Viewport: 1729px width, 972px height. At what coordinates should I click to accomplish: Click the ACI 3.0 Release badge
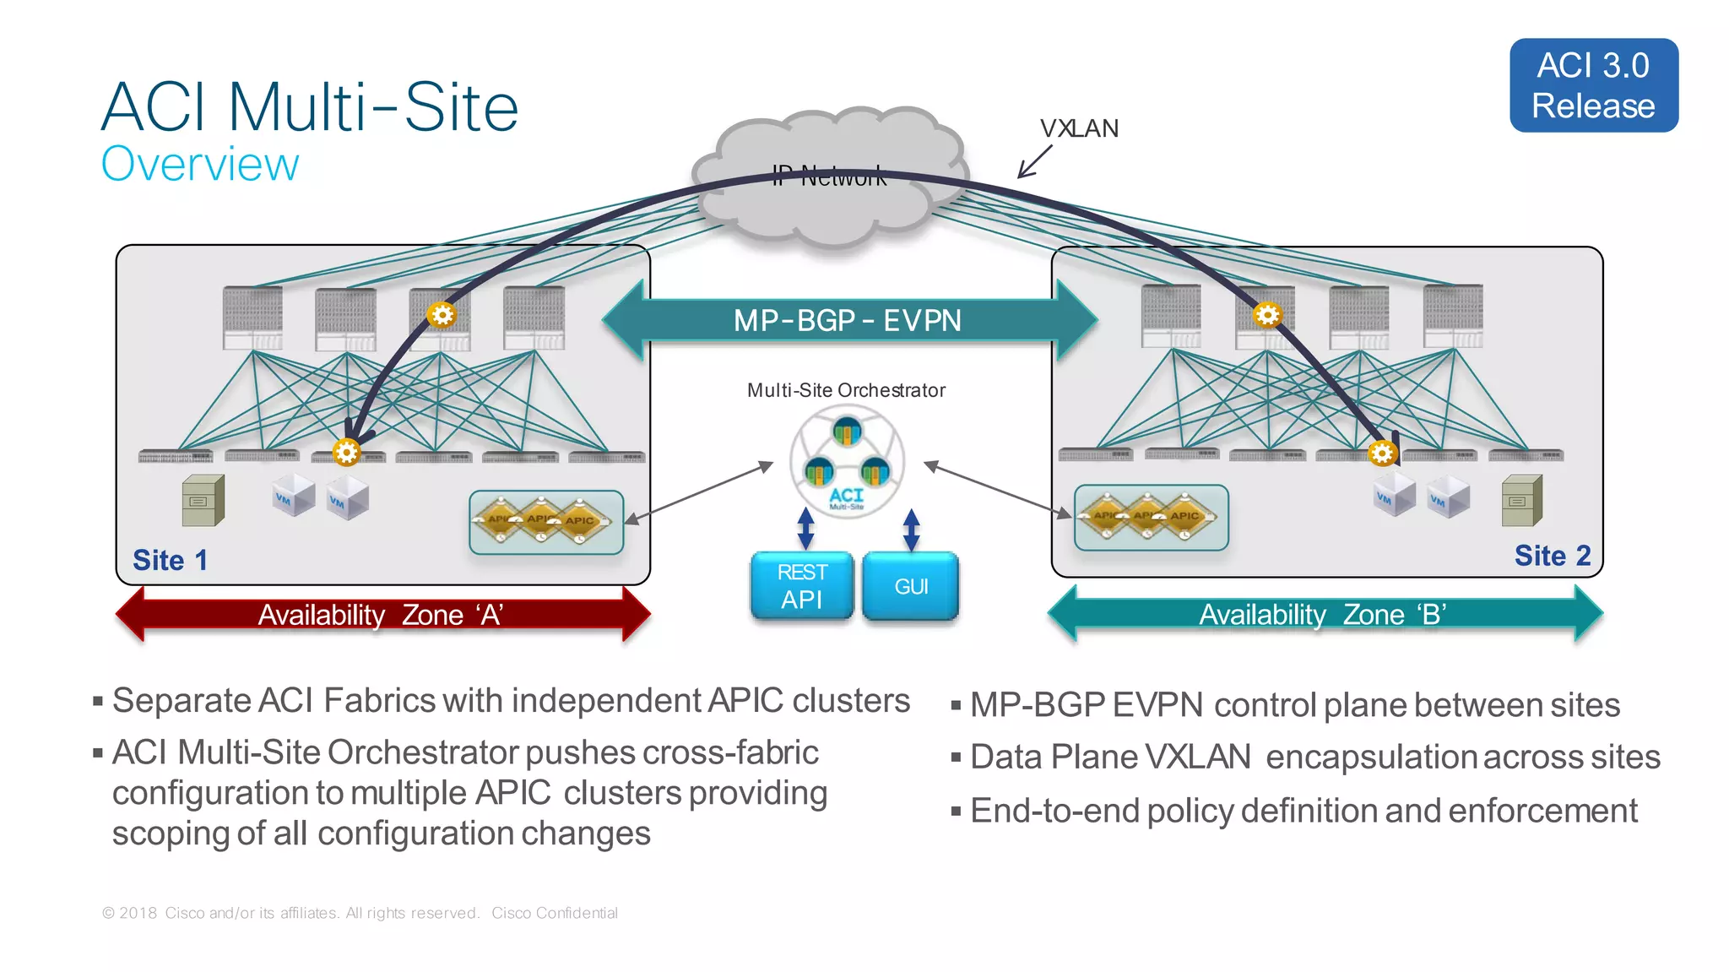[1593, 85]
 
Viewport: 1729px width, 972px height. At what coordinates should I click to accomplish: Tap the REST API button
[801, 585]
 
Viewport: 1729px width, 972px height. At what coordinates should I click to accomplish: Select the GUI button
[911, 585]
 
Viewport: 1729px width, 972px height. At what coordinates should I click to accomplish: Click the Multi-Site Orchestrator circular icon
[847, 462]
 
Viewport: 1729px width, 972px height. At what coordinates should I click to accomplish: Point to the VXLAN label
[1079, 128]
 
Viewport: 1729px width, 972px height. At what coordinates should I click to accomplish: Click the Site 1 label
[170, 560]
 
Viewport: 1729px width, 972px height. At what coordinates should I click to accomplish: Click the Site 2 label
[1552, 556]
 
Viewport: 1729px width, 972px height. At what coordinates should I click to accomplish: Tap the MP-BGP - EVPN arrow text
[847, 321]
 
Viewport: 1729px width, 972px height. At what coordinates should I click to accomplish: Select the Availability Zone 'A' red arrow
[382, 614]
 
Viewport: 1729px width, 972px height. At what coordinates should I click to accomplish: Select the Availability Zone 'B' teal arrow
[1323, 614]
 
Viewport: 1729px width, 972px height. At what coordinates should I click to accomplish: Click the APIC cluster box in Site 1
[546, 522]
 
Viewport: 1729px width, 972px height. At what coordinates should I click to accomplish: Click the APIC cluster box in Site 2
[1151, 517]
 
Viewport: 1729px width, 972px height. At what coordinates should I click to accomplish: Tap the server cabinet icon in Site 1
[203, 501]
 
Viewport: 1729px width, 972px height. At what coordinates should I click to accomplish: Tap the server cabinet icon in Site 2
[1521, 501]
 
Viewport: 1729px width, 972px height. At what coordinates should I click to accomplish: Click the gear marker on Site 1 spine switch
[441, 315]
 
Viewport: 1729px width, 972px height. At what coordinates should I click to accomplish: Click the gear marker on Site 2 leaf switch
[1382, 453]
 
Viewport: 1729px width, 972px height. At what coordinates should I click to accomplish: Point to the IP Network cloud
[830, 176]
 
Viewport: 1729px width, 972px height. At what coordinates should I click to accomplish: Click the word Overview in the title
[200, 164]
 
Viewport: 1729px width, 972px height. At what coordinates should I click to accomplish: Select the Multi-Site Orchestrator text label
[846, 390]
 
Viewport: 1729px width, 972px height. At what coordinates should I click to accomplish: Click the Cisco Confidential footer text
[555, 913]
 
